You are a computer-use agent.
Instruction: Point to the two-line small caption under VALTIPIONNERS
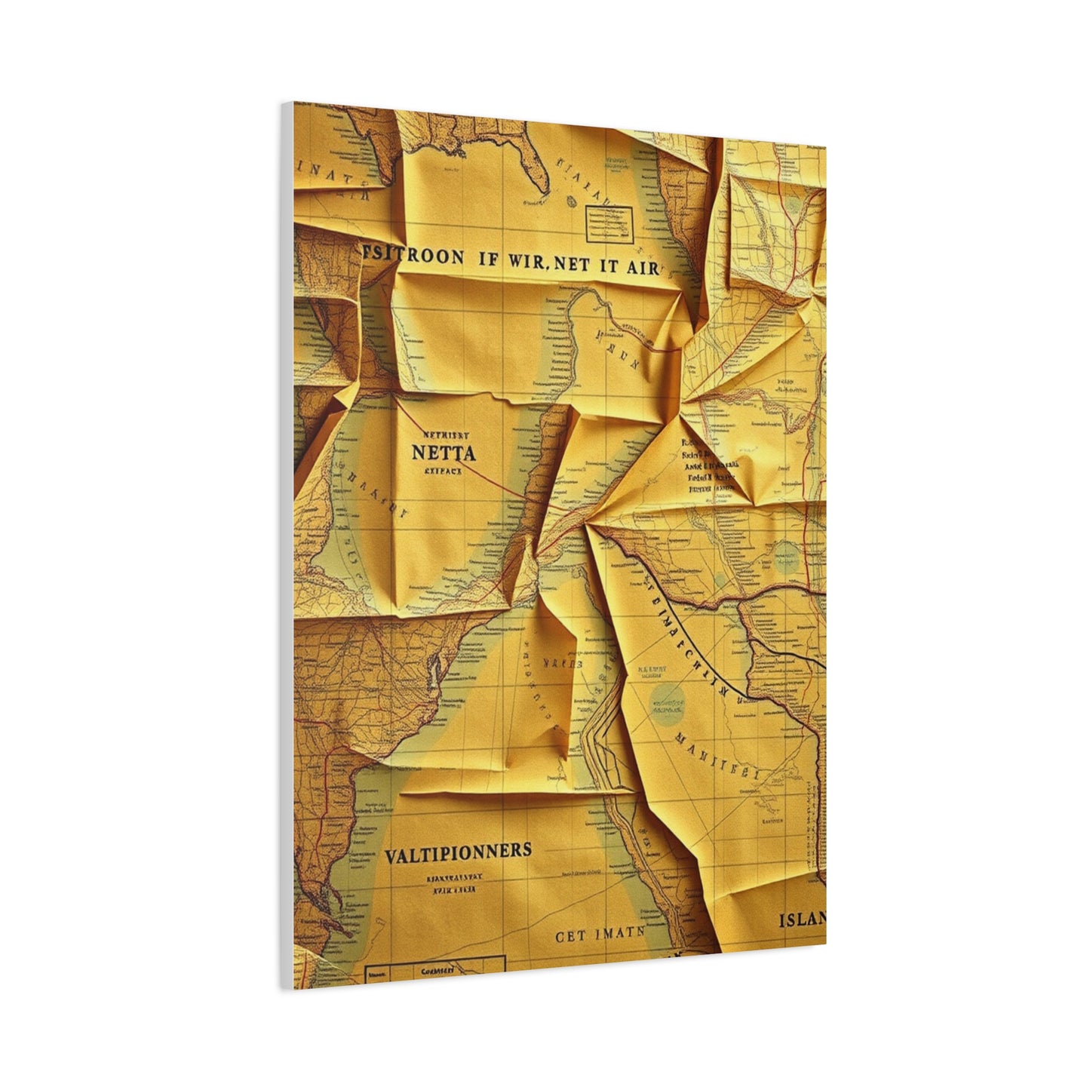[454, 883]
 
